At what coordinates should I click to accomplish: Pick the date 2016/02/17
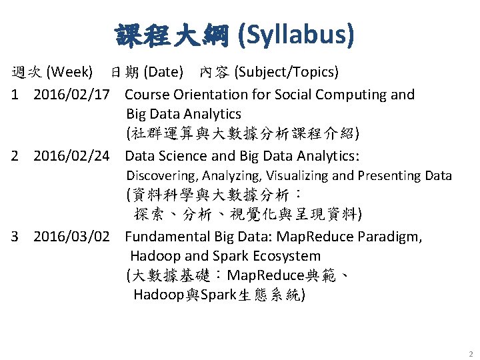click(x=71, y=95)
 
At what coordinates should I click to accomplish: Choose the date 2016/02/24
click(x=71, y=157)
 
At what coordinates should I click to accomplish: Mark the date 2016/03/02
click(x=71, y=237)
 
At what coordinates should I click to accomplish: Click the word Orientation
click(x=202, y=95)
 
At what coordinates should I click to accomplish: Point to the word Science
click(x=181, y=157)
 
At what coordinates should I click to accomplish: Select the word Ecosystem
click(x=288, y=256)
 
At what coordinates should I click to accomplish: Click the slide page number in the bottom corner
click(x=470, y=354)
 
